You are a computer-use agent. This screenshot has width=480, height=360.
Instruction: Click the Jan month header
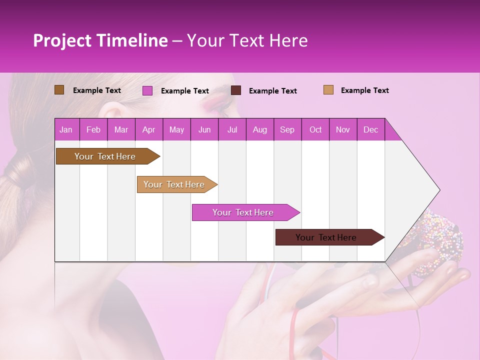point(66,129)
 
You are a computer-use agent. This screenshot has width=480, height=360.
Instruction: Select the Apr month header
point(149,129)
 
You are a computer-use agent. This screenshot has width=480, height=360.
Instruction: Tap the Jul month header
point(232,129)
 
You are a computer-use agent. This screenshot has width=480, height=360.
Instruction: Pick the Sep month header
point(287,129)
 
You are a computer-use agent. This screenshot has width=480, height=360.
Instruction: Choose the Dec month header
point(370,129)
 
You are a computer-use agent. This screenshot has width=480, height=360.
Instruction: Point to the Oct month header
point(315,129)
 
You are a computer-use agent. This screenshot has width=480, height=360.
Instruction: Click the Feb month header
point(93,129)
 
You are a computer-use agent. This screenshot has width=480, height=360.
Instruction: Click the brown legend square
point(59,90)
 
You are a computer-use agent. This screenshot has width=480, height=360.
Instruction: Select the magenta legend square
point(147,90)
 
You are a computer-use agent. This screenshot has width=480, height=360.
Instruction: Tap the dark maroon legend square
point(236,90)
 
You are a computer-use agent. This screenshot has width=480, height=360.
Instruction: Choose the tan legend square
point(328,90)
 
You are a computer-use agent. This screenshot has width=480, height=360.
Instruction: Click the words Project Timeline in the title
point(100,40)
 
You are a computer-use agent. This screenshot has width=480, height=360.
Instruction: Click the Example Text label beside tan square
point(364,90)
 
